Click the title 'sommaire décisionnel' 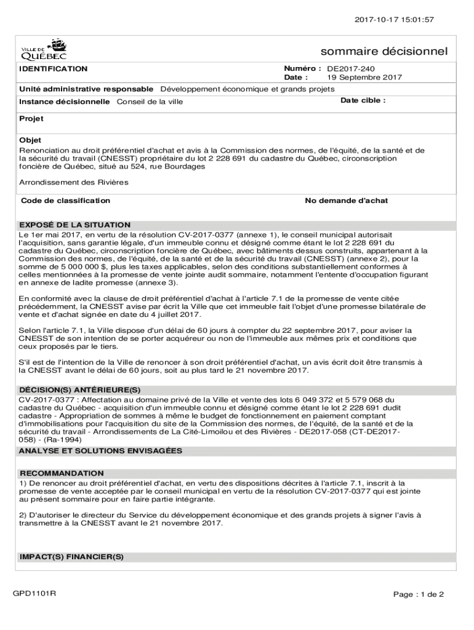[384, 51]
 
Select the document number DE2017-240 [351, 69]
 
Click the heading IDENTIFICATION [54, 69]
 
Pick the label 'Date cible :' [363, 100]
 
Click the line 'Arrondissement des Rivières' [74, 182]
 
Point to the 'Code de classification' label [66, 201]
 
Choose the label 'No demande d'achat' [347, 201]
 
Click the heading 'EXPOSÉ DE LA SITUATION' [75, 225]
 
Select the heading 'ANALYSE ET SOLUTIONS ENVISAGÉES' [101, 451]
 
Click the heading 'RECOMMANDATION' [62, 473]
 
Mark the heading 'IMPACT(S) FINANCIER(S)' [72, 557]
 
